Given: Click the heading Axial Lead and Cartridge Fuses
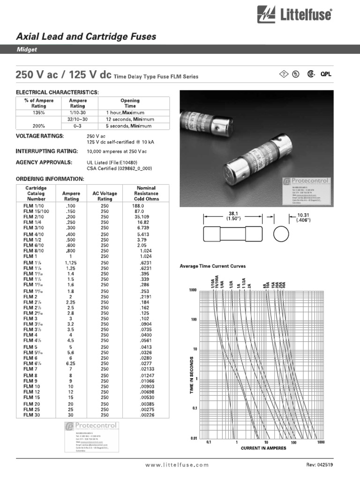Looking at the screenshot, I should coord(86,37).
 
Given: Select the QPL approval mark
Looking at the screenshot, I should coord(326,74).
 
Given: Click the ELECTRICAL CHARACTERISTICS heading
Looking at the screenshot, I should coord(57,92).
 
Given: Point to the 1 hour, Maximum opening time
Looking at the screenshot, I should coord(125,113).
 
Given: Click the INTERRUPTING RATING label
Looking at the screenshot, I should coord(47,151).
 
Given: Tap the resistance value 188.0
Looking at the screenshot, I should coord(138,206).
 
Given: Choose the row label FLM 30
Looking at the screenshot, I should coord(32,415).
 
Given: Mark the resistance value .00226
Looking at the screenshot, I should coord(141,415).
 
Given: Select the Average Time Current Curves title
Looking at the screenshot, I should coord(213,266).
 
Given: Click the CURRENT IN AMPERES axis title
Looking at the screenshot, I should coord(263,448).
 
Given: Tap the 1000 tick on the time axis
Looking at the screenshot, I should coord(193,290).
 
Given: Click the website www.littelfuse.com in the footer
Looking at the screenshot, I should coord(177,465).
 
